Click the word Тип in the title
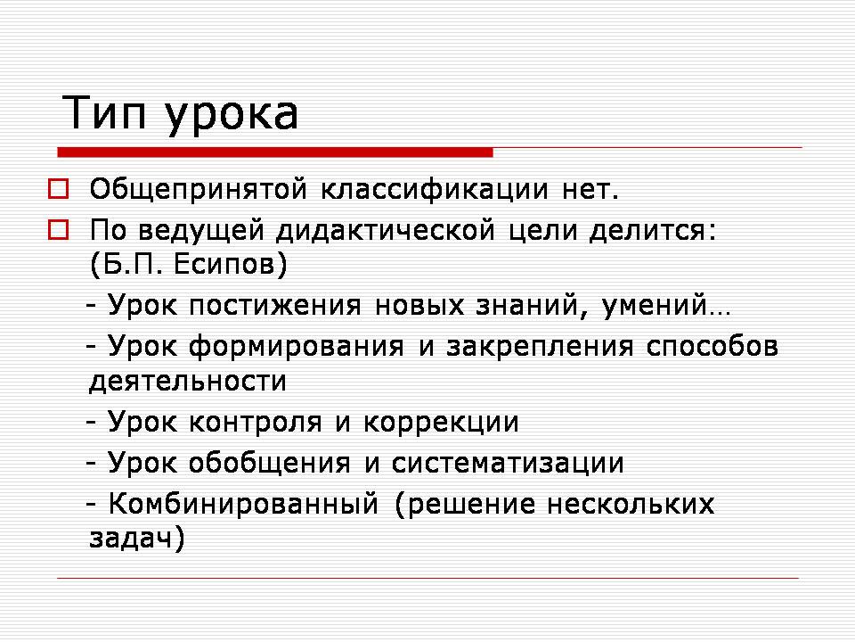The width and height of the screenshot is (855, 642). coord(105,112)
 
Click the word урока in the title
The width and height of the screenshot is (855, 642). coord(232,116)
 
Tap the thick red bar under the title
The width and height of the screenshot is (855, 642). coord(275,152)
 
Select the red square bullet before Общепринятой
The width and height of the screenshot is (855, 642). coord(59,189)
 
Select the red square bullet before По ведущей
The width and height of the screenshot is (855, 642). coord(59,230)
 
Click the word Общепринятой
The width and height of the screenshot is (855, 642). coord(199,190)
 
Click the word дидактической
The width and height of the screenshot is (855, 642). coord(386,231)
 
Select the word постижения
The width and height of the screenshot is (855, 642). coord(275,306)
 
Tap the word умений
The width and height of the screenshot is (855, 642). coord(655,306)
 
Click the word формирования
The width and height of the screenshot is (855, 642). coord(296,347)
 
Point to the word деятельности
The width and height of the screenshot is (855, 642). coord(188,381)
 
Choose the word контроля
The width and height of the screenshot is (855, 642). coord(256,422)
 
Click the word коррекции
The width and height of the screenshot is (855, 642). coord(441,423)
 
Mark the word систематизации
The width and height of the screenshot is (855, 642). coord(508,464)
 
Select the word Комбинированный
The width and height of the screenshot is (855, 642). coord(243,504)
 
